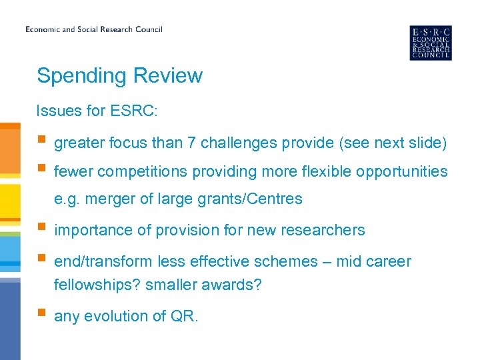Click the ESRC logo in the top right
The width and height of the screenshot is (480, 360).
(x=430, y=43)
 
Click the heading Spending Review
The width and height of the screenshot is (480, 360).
(x=119, y=75)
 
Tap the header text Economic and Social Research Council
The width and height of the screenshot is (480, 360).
(x=94, y=29)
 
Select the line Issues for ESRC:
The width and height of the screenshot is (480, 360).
(x=97, y=111)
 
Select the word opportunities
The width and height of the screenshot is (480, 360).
(x=402, y=171)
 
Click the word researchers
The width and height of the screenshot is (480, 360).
(x=325, y=231)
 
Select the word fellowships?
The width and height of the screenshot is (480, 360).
(x=97, y=285)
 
